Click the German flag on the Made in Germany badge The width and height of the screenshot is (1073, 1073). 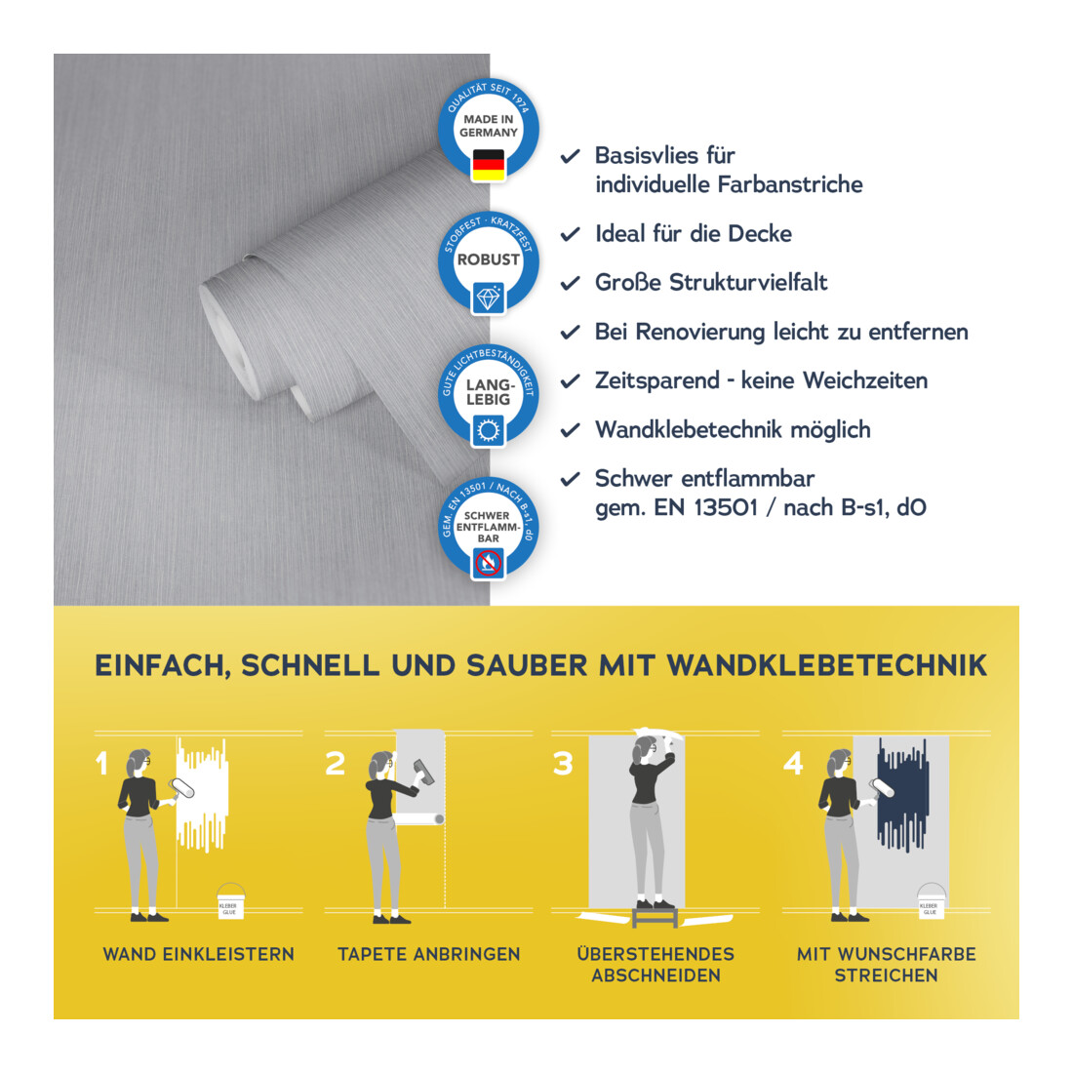(x=489, y=165)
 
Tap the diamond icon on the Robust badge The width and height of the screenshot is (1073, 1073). (x=489, y=298)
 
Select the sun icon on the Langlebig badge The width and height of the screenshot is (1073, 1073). (x=489, y=430)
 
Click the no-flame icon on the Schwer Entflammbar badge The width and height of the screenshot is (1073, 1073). (x=489, y=563)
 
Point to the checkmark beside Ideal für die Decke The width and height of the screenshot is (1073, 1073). (x=570, y=235)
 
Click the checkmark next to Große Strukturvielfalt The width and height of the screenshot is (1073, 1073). (x=570, y=283)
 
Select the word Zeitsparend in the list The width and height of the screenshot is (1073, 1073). (x=656, y=380)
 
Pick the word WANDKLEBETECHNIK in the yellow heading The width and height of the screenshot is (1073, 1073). (x=826, y=666)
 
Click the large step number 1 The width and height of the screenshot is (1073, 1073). (x=102, y=763)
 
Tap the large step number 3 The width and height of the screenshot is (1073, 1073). (x=563, y=763)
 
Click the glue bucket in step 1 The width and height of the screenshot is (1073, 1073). (x=230, y=900)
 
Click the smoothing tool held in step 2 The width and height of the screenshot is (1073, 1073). (x=423, y=772)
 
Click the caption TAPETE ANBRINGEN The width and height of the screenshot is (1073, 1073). (x=429, y=954)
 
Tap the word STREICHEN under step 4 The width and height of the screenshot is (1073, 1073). (x=886, y=975)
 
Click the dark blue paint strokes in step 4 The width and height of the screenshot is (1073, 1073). (x=903, y=795)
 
